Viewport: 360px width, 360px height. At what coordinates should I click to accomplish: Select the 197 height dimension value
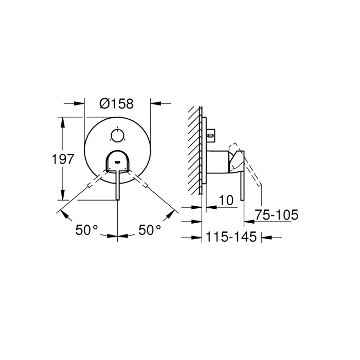[63, 159]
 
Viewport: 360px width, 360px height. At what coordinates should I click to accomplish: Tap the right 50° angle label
[150, 230]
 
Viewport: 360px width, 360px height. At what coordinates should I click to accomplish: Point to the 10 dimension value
[226, 200]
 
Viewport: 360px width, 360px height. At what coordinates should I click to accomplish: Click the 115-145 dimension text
[231, 238]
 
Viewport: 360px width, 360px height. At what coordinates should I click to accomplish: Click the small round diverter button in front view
[118, 136]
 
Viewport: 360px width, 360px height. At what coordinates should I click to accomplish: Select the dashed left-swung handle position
[95, 181]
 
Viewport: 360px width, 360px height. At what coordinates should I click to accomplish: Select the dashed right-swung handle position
[140, 181]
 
